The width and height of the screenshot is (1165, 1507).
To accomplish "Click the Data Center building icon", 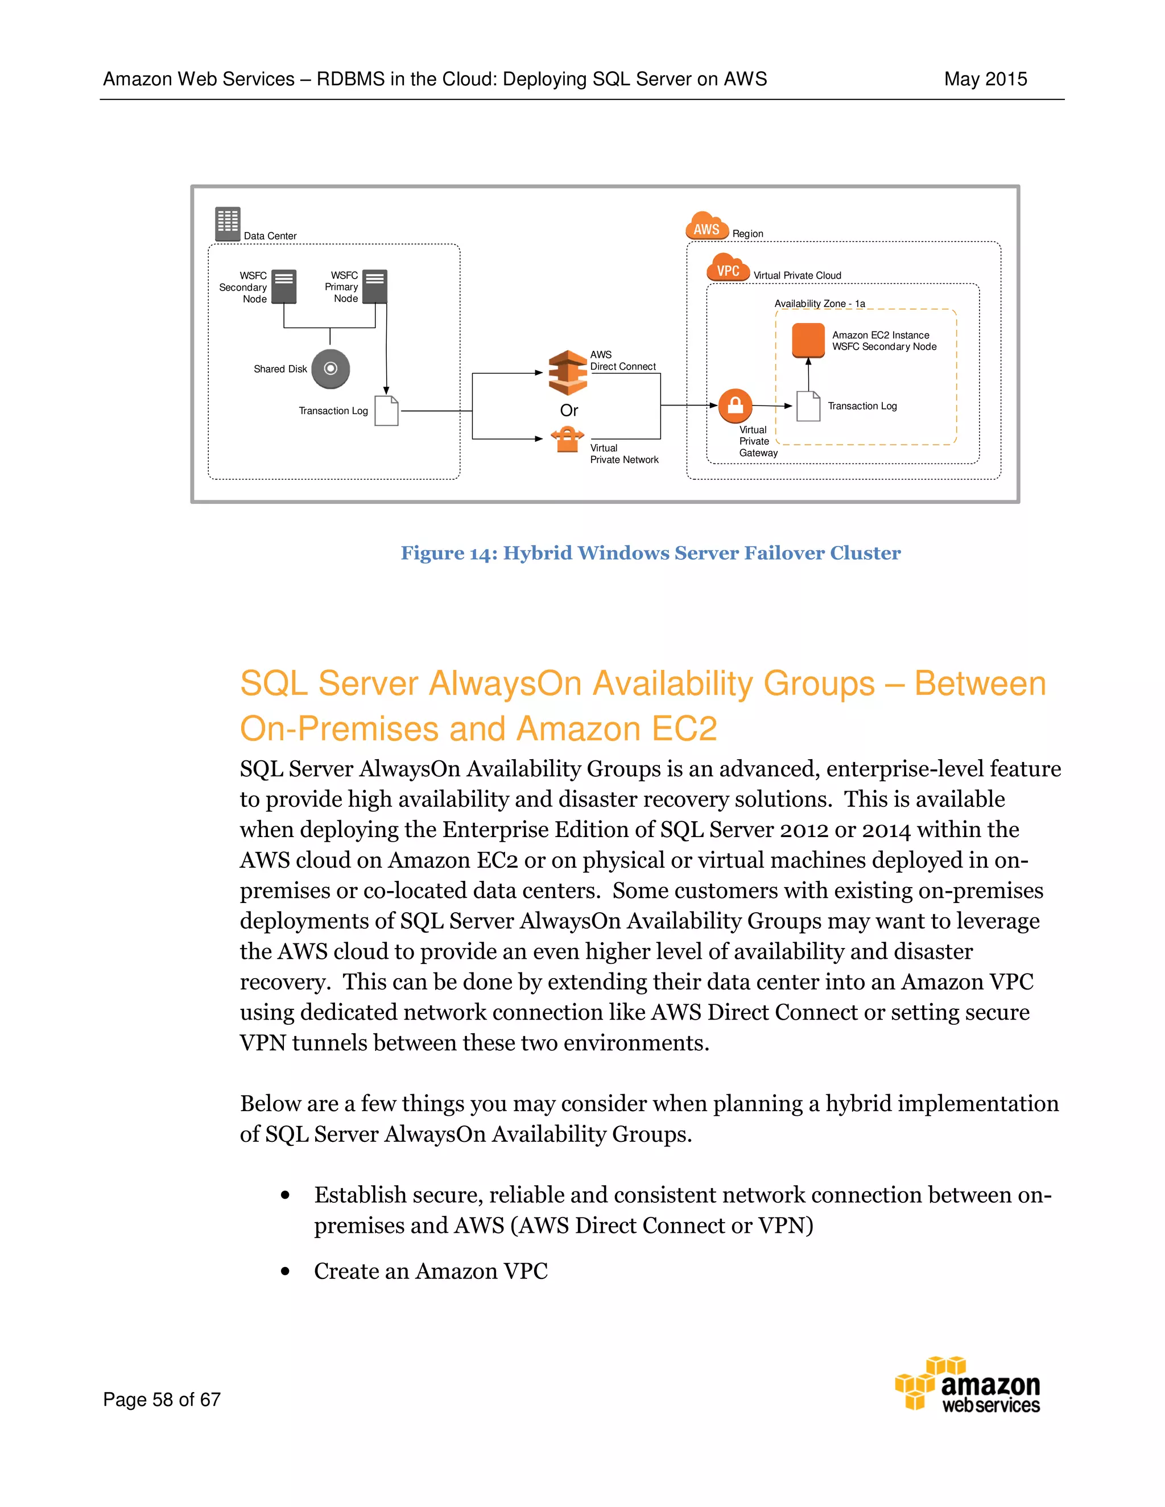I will (227, 223).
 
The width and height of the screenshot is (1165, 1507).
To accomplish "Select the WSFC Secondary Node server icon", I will (284, 287).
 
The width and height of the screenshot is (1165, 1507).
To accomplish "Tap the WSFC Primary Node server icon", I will (375, 287).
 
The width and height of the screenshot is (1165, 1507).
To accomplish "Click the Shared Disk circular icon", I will (331, 369).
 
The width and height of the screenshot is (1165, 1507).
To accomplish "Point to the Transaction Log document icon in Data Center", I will (386, 411).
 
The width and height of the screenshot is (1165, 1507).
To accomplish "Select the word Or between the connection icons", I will (569, 411).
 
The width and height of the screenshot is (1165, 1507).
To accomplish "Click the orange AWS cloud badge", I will (707, 227).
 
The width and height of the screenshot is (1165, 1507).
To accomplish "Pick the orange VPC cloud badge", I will (728, 269).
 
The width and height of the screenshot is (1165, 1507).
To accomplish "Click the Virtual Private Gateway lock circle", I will (736, 405).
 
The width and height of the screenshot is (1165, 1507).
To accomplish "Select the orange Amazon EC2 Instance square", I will (808, 340).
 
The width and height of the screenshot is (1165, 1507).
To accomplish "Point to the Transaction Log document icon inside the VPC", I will (808, 407).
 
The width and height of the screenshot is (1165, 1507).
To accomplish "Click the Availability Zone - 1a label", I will (819, 304).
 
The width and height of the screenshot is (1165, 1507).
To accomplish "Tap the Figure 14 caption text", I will (650, 553).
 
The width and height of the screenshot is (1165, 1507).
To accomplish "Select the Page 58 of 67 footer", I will (162, 1400).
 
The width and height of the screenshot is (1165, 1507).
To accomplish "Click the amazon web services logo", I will (968, 1384).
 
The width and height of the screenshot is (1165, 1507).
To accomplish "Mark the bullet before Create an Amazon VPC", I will (285, 1272).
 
